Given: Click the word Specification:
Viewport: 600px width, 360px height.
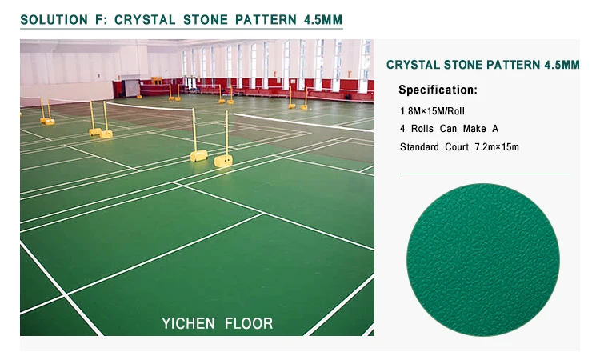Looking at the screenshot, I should coord(438,90).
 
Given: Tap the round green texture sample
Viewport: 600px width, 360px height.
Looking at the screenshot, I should coord(482,258).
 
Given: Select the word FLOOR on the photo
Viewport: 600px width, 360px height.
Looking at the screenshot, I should coord(248,323).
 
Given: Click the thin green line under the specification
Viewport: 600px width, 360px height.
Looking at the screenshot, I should coord(484,174).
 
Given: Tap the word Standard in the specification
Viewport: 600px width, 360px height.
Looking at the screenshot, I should coord(421,146).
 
